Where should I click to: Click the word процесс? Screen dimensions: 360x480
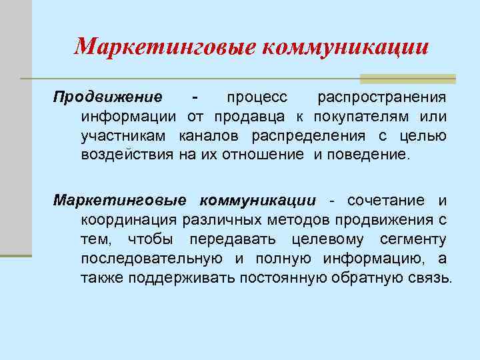pyautogui.click(x=257, y=98)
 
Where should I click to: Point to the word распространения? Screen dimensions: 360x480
pyautogui.click(x=381, y=98)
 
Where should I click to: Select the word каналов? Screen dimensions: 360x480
pyautogui.click(x=211, y=137)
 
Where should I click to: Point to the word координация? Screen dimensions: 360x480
pyautogui.click(x=129, y=220)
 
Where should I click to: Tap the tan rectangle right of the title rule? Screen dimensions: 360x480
pyautogui.click(x=407, y=79)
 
